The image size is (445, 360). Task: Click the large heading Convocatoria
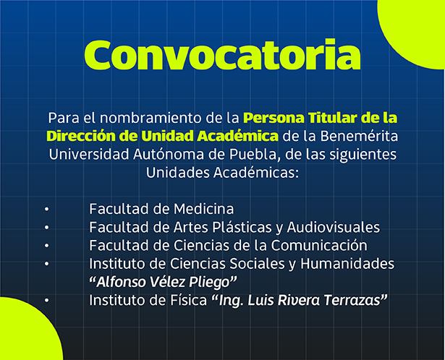click(x=222, y=55)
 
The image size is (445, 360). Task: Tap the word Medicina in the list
click(x=204, y=209)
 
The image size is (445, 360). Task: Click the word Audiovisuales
click(x=333, y=227)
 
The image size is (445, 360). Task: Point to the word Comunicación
click(x=319, y=245)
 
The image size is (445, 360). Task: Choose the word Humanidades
click(x=347, y=263)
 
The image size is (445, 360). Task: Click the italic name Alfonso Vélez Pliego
click(x=163, y=282)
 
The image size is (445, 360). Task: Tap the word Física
click(x=188, y=300)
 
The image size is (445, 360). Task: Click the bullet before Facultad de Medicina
click(x=46, y=210)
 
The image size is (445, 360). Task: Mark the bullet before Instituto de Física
click(x=46, y=301)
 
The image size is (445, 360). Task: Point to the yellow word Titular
click(x=333, y=118)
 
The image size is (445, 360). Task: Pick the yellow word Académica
click(x=238, y=136)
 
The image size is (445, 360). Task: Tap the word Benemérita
click(x=360, y=136)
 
